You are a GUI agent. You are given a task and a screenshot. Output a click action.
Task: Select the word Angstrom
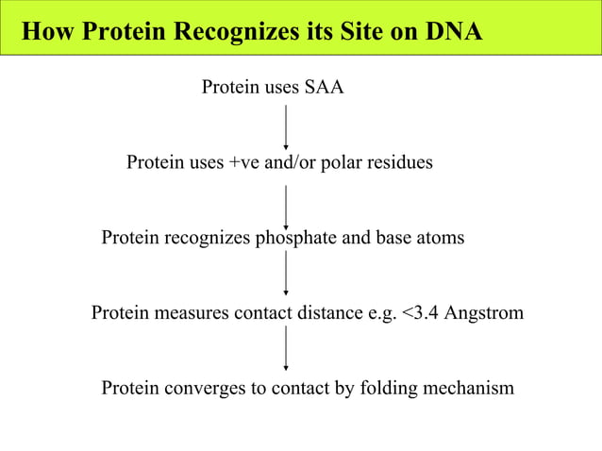point(486,312)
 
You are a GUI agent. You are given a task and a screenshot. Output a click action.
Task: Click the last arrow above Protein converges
point(286,350)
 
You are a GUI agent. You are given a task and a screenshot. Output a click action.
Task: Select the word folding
point(377,388)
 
